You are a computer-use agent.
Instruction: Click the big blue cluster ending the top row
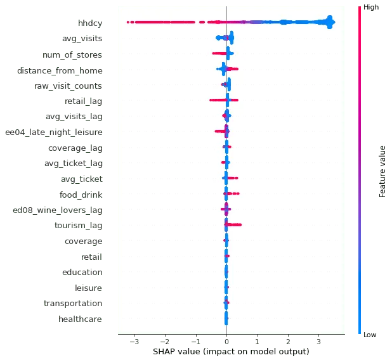click(x=329, y=23)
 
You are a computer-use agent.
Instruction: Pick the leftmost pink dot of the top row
click(x=128, y=23)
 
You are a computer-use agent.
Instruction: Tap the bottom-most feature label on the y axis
click(x=81, y=320)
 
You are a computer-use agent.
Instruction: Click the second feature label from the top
click(x=84, y=40)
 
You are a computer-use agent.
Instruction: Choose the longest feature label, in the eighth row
click(x=55, y=132)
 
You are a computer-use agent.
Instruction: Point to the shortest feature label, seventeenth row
click(x=91, y=259)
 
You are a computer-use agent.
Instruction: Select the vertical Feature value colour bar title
click(x=382, y=171)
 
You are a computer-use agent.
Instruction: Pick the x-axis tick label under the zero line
click(x=226, y=340)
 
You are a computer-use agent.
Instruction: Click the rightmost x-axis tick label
click(x=320, y=340)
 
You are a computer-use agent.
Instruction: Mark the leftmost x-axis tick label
click(x=134, y=340)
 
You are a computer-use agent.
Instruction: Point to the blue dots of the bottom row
click(x=226, y=320)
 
